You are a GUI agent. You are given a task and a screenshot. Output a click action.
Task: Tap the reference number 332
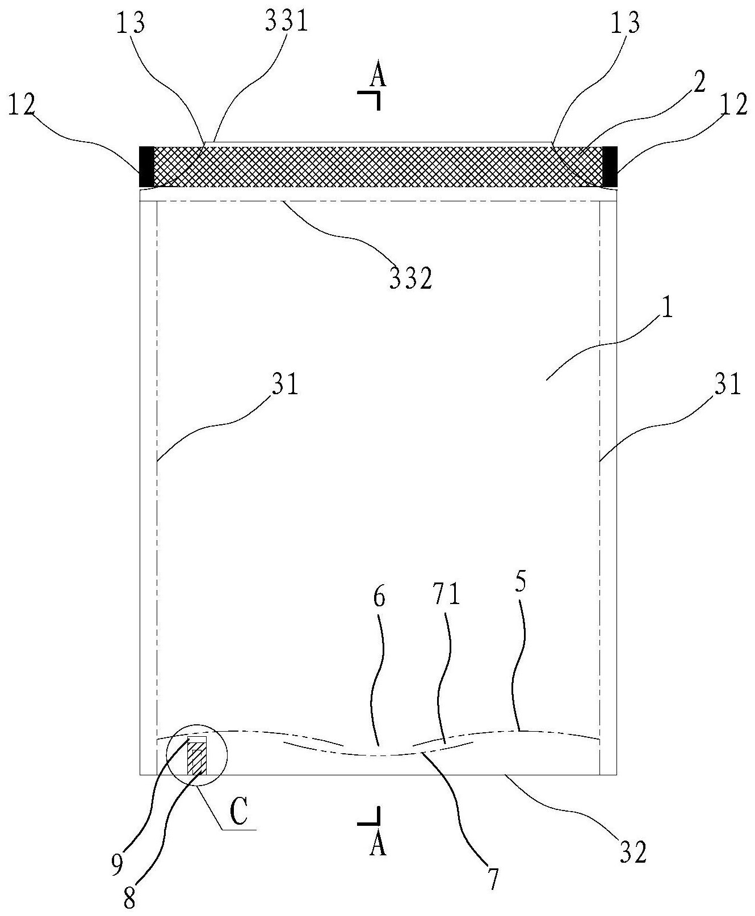410,279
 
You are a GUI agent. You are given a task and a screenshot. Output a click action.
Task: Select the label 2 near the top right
699,84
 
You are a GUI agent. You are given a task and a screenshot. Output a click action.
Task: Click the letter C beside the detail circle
238,813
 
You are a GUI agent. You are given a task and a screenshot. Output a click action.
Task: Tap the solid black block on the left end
146,166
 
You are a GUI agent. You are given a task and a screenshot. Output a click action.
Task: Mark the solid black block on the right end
610,166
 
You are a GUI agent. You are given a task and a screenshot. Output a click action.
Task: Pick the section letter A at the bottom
378,846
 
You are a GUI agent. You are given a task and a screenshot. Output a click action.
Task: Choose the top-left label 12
22,105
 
